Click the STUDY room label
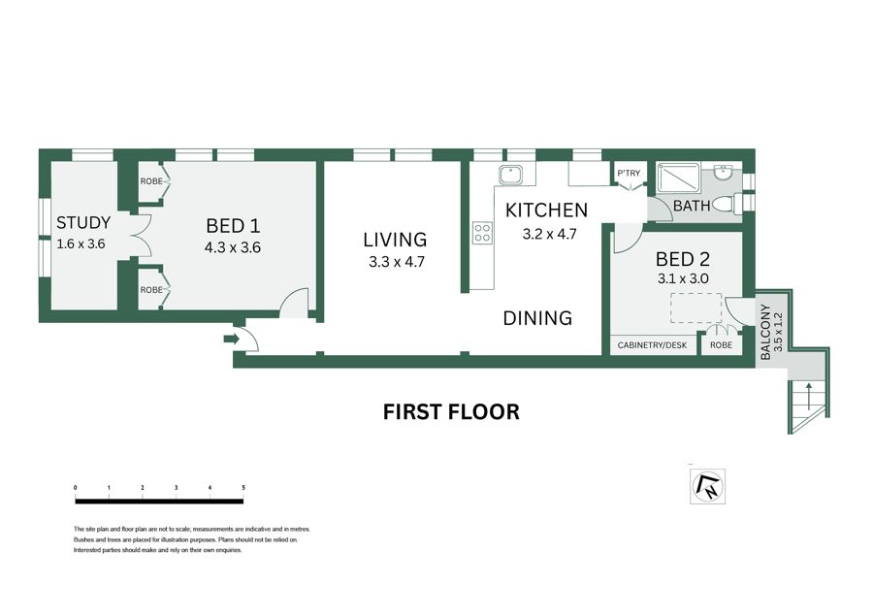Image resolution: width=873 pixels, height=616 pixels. [x=83, y=223]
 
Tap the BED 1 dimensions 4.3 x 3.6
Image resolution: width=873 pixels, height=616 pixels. [x=232, y=247]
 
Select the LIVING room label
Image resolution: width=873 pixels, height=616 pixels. [x=395, y=240]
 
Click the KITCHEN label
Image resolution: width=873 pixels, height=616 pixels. [x=546, y=210]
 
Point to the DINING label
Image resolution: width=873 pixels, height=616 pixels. [x=537, y=318]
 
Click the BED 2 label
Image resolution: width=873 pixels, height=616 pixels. [x=683, y=259]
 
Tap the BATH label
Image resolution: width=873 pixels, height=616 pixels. [x=692, y=206]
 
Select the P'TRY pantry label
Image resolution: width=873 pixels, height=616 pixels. [x=629, y=174]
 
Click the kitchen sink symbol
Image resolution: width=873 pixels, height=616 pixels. [x=510, y=175]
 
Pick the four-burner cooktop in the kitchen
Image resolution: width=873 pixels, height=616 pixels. [x=483, y=233]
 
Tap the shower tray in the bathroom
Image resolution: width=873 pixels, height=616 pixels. [x=679, y=178]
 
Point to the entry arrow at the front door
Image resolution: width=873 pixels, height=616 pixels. [x=231, y=339]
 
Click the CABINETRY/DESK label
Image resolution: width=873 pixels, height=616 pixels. [x=652, y=345]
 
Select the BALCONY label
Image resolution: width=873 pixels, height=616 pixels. [x=765, y=332]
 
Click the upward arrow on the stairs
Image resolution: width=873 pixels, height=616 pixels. [x=808, y=396]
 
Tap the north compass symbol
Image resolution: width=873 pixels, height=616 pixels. [x=708, y=486]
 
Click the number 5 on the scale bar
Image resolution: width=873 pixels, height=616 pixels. [x=243, y=488]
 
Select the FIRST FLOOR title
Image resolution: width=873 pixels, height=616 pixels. [x=451, y=412]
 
